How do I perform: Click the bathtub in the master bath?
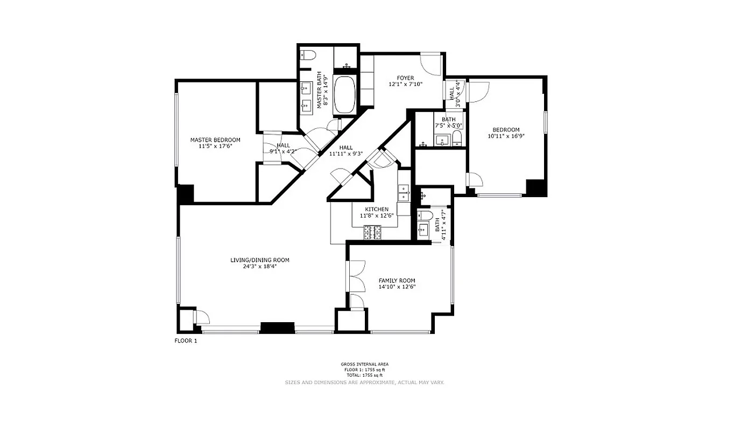click(344, 94)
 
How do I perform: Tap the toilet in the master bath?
click(308, 54)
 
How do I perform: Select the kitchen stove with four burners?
click(372, 232)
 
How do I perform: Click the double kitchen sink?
click(403, 192)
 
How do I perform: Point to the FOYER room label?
click(406, 78)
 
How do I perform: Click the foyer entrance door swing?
click(430, 64)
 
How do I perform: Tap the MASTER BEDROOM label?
click(215, 140)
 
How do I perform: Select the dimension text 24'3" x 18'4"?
click(260, 266)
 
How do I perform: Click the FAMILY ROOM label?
click(397, 281)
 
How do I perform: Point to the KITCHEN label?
click(377, 210)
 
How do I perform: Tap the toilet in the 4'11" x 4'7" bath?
click(425, 217)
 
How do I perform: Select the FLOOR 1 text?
click(186, 340)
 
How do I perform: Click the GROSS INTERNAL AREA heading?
click(364, 364)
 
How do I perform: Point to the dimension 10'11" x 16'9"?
click(506, 136)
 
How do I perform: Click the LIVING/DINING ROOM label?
click(260, 260)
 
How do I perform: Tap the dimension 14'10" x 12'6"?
click(397, 287)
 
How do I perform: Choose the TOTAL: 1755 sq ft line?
click(364, 375)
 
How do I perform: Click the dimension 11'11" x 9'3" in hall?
click(346, 154)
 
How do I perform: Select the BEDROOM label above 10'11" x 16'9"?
click(506, 130)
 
